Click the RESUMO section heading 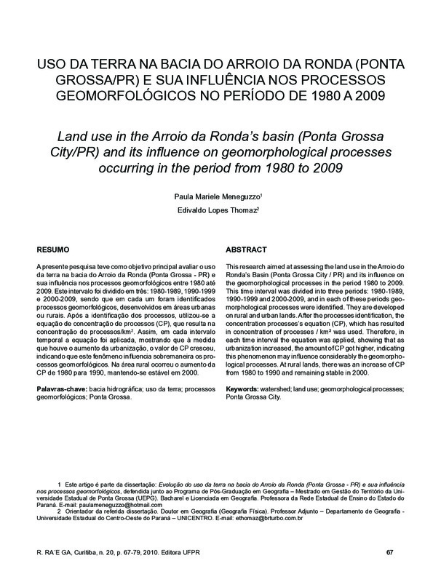click(53, 249)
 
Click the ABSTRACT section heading click(246, 249)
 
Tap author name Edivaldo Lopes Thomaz click(218, 211)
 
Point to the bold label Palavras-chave click(60, 390)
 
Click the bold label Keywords click(244, 390)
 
